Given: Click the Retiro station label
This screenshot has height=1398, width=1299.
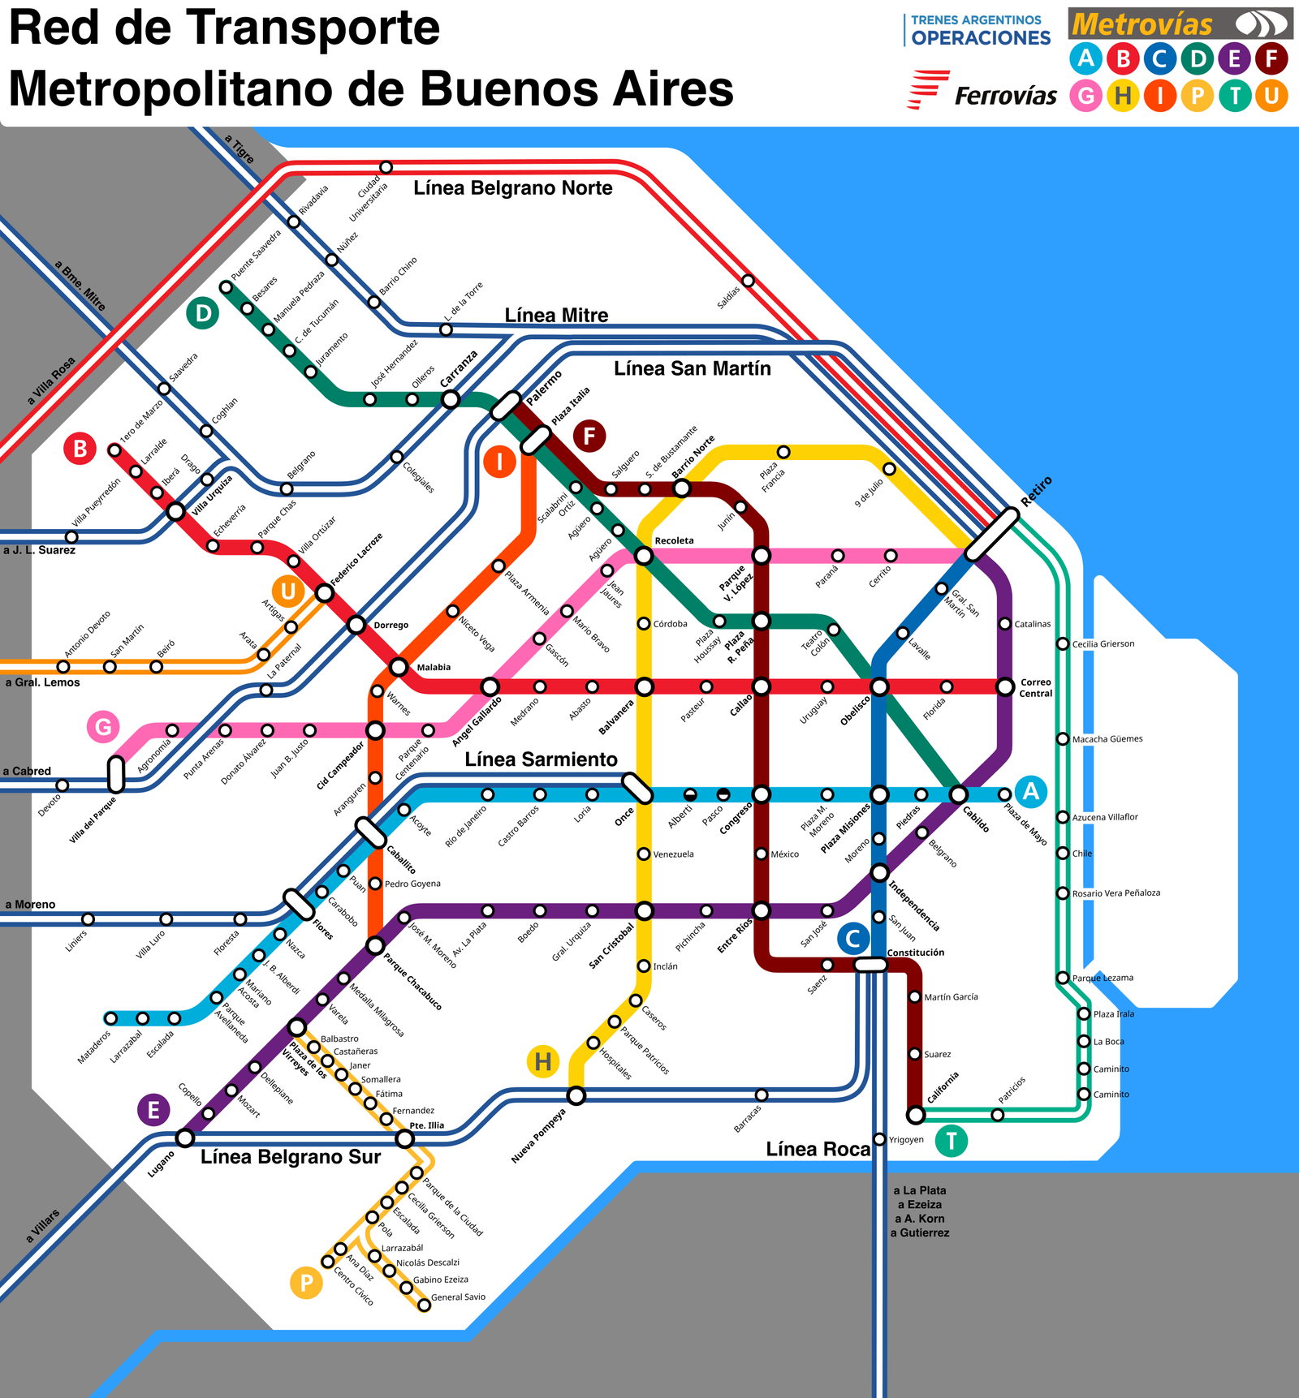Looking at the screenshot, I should pos(1037,492).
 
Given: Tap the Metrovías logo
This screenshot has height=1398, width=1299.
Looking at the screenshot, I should pos(1180,24).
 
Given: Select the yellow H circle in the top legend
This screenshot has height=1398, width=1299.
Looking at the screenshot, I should pos(1123,96).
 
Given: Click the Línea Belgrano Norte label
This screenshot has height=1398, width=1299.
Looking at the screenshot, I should pos(512,188).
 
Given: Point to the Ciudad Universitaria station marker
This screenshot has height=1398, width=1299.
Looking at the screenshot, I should pos(386,167).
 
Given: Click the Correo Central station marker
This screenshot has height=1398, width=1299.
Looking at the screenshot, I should pos(1005,687).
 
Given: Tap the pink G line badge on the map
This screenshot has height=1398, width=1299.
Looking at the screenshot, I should pos(103,726).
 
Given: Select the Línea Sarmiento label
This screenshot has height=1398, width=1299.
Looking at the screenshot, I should pos(541,759).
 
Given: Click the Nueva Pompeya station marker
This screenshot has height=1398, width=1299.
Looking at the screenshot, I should pos(576,1096).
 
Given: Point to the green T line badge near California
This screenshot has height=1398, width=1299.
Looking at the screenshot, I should pos(951,1141).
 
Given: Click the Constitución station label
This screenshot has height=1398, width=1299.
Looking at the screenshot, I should pos(915,953).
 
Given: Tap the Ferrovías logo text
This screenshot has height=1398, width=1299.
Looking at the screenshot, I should pos(1005,96).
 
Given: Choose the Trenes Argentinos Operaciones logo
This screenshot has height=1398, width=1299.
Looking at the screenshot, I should pos(978,30).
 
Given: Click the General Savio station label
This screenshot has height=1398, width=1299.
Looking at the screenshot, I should pos(458,1297).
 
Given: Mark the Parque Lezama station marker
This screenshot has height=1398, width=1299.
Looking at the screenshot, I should pos(1063,978).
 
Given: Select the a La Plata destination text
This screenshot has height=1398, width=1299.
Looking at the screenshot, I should pos(920,1190).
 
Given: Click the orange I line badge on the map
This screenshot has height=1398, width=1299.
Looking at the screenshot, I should pos(500,462).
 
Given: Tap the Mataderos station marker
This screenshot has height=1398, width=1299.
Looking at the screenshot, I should pos(111,1018).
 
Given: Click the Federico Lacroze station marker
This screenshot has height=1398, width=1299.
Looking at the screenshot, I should pos(324,594).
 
